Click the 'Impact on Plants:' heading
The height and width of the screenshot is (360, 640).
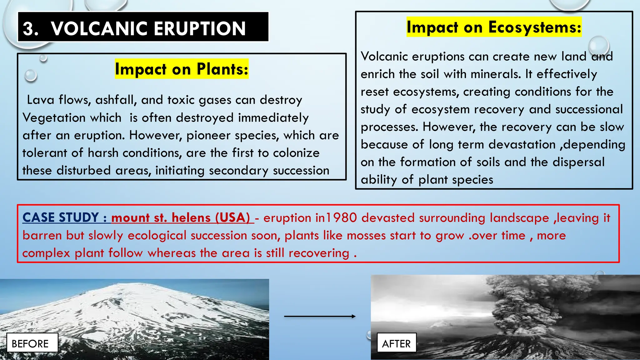182,69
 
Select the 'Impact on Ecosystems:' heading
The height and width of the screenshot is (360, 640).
494,27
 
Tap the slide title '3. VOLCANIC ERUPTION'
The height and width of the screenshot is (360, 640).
134,28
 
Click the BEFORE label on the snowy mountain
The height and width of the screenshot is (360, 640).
30,343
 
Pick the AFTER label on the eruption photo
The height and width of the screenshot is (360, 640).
396,343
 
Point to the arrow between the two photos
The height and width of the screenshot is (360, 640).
320,316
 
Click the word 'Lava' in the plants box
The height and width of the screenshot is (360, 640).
41,100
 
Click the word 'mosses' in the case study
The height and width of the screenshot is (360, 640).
366,235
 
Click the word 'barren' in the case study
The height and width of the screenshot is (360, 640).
42,235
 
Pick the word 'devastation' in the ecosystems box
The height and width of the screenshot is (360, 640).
522,145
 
